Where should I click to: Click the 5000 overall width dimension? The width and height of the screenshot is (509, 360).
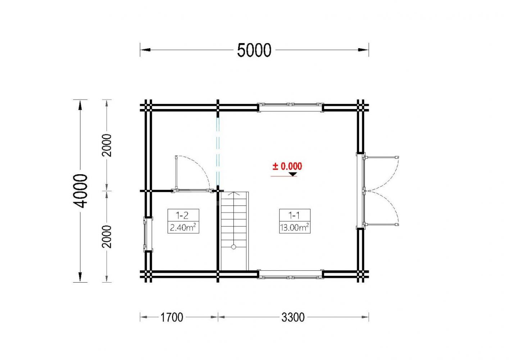(254, 50)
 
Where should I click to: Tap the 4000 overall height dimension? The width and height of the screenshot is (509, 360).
(80, 191)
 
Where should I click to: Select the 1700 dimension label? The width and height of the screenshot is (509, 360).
(172, 317)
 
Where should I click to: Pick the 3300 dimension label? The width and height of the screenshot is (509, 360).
(293, 317)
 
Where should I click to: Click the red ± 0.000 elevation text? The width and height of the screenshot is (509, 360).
(287, 166)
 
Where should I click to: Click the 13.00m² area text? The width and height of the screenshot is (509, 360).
(295, 227)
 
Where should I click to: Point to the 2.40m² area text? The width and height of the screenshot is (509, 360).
(183, 227)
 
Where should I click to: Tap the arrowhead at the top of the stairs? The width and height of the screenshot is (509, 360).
(233, 194)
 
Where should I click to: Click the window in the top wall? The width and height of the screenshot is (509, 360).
(290, 108)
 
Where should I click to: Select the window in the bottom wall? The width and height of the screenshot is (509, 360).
(290, 274)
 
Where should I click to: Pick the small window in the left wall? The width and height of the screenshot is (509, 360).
(148, 234)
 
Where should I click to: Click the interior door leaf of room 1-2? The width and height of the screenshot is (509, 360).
(176, 173)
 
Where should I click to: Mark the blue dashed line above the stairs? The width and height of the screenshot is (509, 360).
(218, 152)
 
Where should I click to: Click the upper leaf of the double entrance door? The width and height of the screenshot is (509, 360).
(381, 157)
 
